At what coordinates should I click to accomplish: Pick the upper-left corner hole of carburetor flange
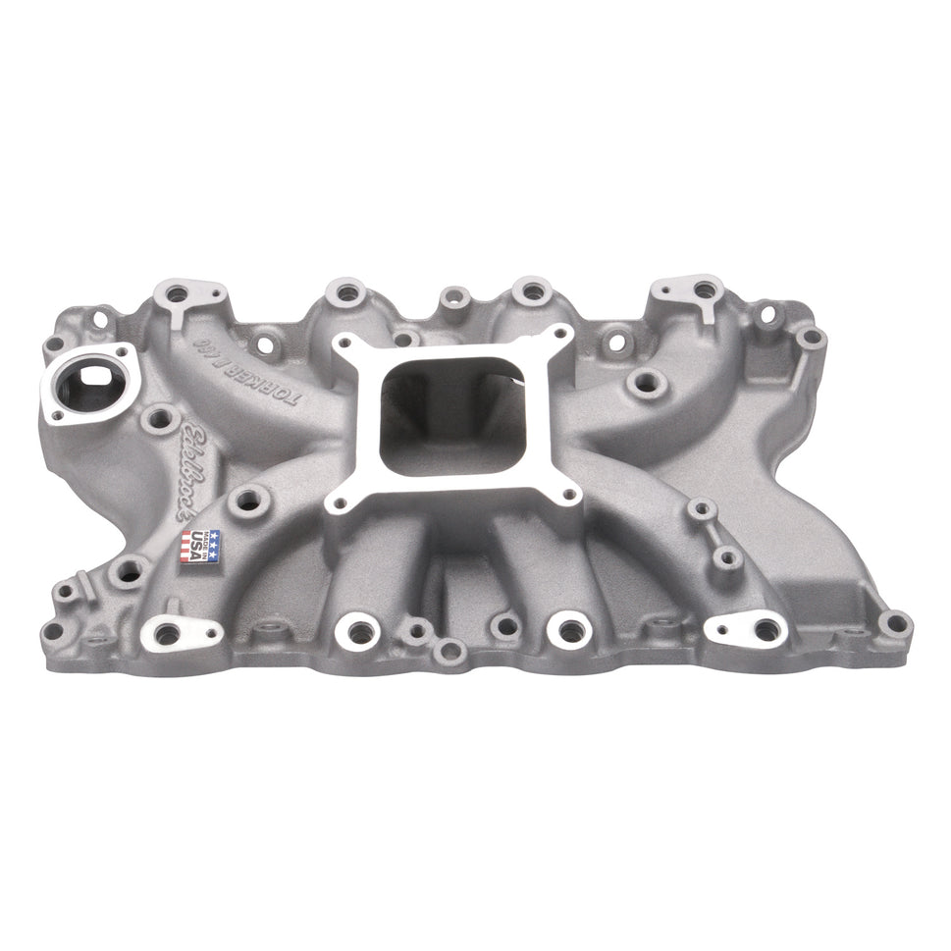pyautogui.click(x=341, y=343)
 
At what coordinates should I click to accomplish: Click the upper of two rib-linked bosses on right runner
pyautogui.click(x=700, y=508)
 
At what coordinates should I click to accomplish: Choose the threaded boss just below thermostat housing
pyautogui.click(x=154, y=421)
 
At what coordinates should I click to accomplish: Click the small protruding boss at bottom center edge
pyautogui.click(x=449, y=649)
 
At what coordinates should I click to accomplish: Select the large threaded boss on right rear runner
pyautogui.click(x=643, y=383)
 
